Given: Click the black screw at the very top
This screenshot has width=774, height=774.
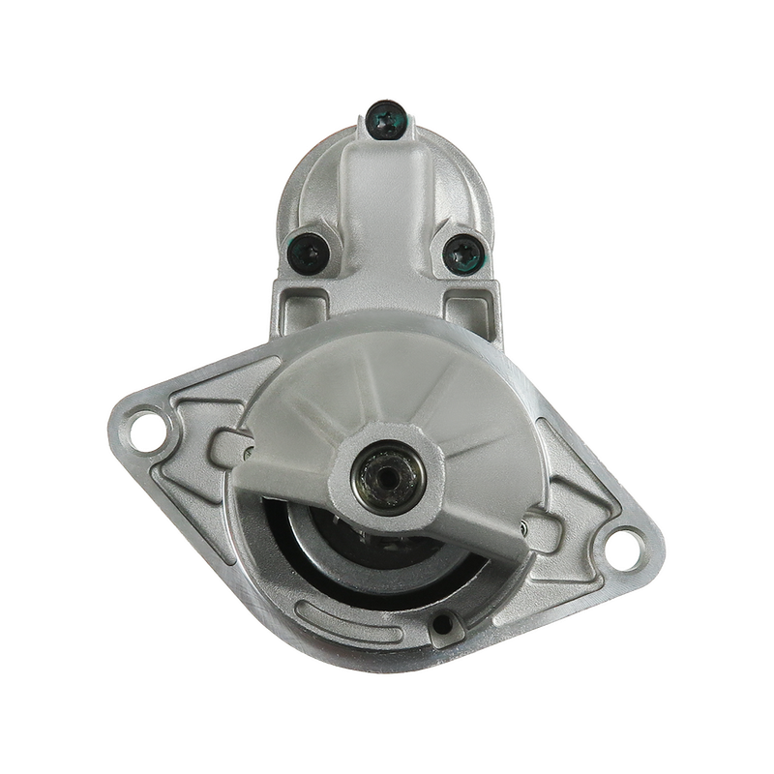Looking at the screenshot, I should click(x=389, y=121).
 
